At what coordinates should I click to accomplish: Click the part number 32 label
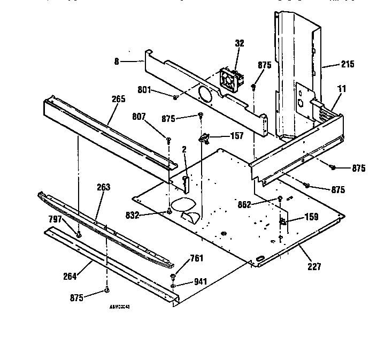pos(240,43)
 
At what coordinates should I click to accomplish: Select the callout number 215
pos(347,65)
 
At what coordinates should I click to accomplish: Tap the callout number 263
pos(103,187)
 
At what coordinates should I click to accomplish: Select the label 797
pos(56,219)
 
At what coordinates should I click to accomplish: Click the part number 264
pos(69,276)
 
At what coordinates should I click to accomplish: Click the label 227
pos(314,266)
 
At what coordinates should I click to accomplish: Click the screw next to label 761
pos(174,277)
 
